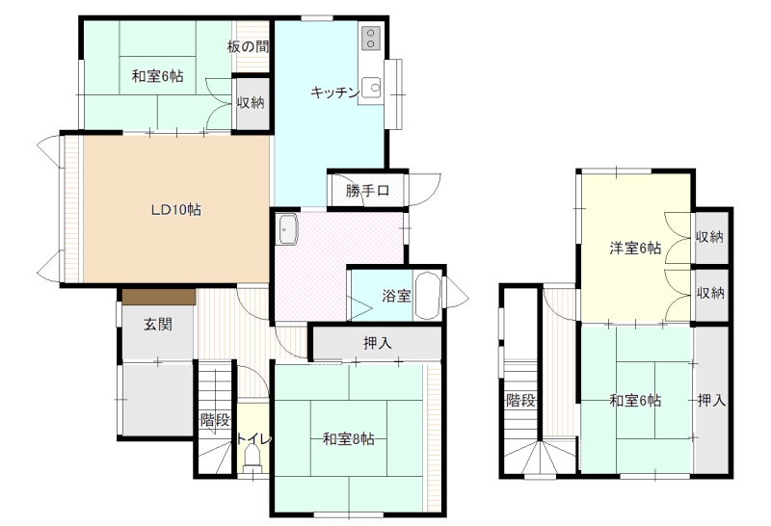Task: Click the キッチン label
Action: (x=334, y=92)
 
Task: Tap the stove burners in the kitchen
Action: (x=371, y=39)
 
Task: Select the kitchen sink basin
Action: (x=374, y=89)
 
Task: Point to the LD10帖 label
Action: (x=175, y=210)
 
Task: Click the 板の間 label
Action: (x=249, y=46)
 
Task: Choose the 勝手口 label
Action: (x=367, y=190)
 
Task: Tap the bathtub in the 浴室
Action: (x=426, y=297)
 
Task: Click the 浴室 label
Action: (x=396, y=296)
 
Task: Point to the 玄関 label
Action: (x=158, y=324)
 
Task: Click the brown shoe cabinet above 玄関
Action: (x=159, y=297)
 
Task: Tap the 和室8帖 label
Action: (x=348, y=438)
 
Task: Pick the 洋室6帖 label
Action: (x=635, y=249)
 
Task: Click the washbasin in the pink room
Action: (x=286, y=229)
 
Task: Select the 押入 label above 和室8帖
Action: (x=377, y=343)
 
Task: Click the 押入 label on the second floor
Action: (x=711, y=401)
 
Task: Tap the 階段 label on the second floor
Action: (x=520, y=400)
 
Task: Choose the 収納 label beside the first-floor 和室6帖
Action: (x=251, y=102)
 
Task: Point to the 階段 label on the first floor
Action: (x=215, y=420)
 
